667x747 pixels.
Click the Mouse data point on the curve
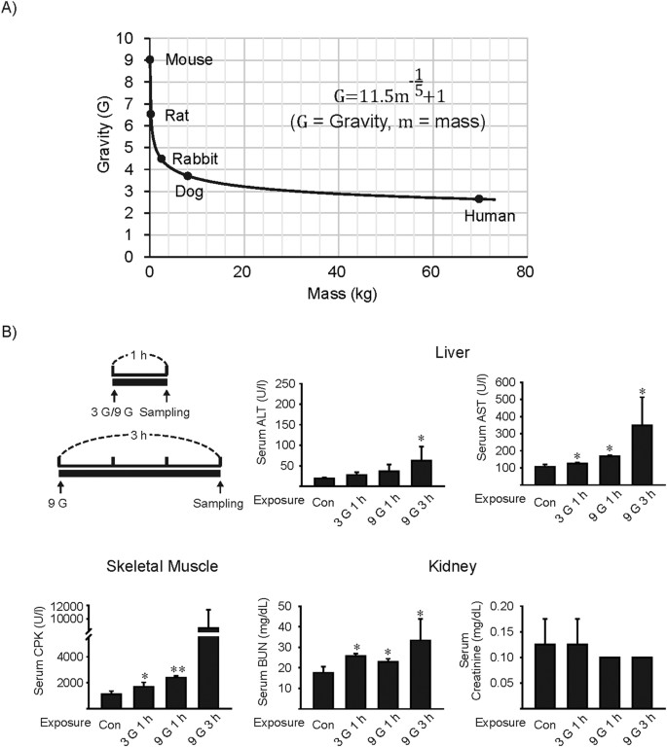point(149,59)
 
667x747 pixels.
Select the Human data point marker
point(478,198)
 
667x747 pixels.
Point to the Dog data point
point(188,176)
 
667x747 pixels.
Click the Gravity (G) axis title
point(104,147)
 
